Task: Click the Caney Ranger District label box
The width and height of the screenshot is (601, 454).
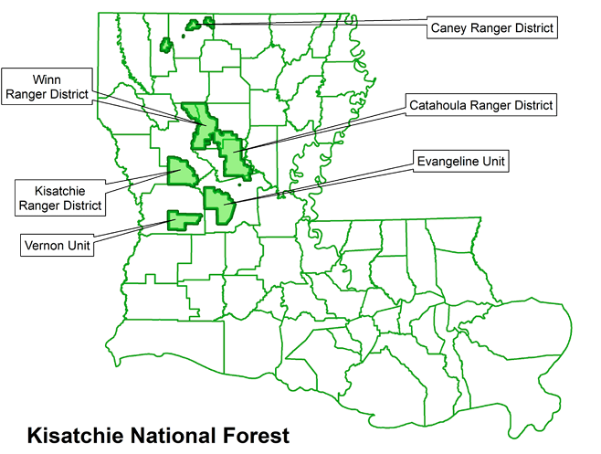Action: point(492,27)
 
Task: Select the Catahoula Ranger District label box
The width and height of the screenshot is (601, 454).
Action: point(480,106)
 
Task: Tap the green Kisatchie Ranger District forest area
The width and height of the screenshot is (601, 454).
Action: point(180,171)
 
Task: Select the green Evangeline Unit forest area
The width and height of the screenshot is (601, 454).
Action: point(220,205)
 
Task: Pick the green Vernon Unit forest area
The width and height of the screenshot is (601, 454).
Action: point(184,219)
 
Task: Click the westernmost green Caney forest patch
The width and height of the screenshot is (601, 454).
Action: point(166,44)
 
